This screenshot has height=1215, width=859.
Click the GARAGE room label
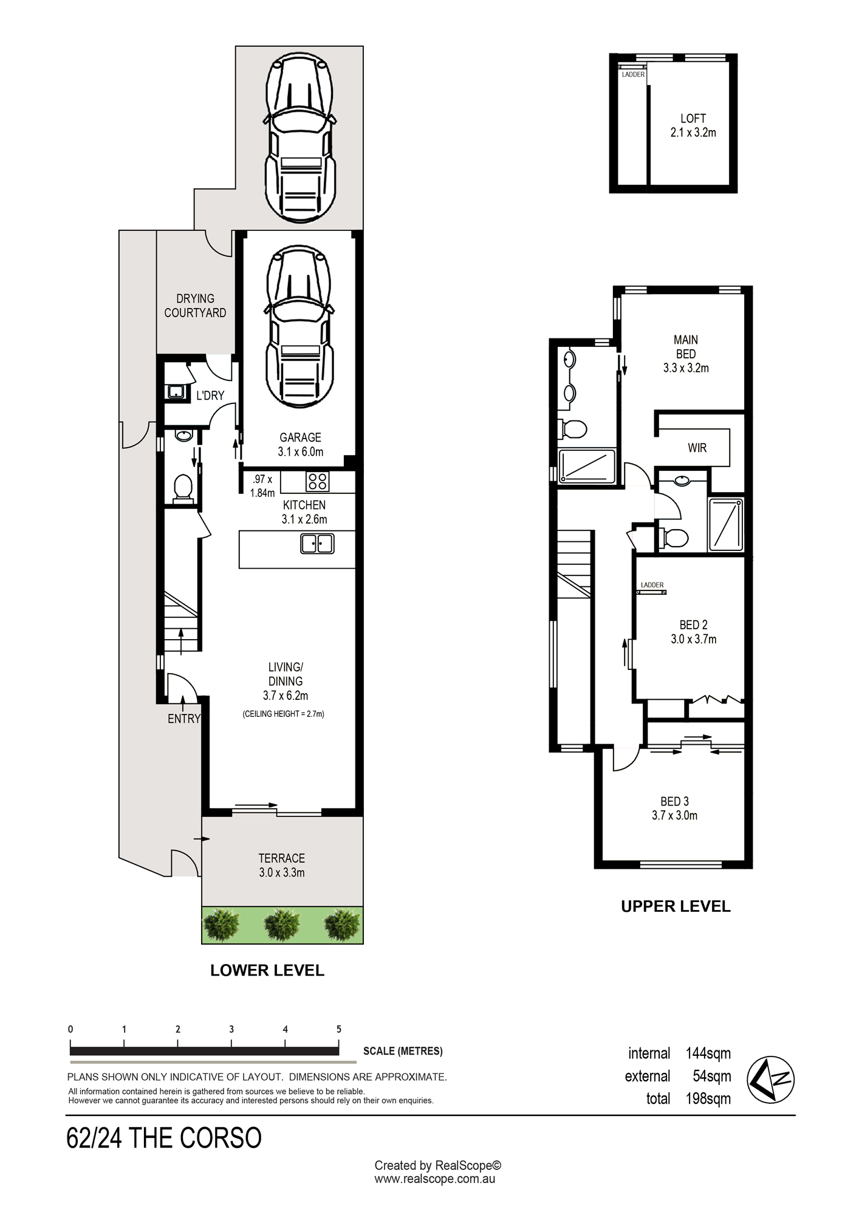[300, 437]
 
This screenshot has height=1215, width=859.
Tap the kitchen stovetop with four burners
[317, 482]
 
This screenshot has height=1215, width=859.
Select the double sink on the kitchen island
[317, 543]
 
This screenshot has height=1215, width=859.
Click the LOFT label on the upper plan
[693, 118]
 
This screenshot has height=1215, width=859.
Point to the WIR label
[697, 448]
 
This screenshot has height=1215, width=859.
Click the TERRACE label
[282, 858]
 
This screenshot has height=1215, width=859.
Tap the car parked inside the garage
[299, 326]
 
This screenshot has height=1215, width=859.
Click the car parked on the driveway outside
[300, 138]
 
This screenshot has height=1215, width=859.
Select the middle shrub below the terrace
[282, 925]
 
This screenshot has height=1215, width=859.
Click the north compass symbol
[770, 1080]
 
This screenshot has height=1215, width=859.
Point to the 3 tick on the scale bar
[231, 1042]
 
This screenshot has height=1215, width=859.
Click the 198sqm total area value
[708, 1098]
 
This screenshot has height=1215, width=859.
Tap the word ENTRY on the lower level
[184, 719]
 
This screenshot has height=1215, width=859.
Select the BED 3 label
[675, 801]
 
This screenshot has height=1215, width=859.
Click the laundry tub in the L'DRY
[176, 392]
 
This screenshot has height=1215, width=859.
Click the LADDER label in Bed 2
[652, 585]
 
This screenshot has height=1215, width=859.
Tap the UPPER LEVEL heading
[676, 906]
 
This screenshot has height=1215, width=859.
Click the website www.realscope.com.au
[434, 1179]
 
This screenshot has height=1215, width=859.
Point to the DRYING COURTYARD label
[195, 306]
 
